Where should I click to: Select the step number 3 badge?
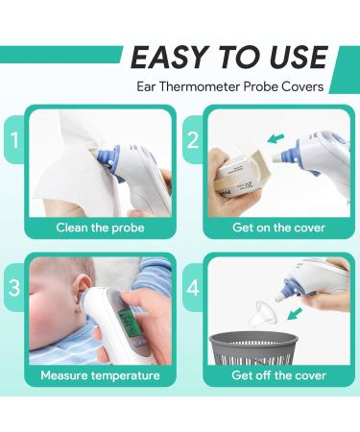click(12, 286)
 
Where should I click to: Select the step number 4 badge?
click(191, 286)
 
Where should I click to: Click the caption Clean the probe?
click(100, 228)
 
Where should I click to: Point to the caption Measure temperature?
click(100, 375)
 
